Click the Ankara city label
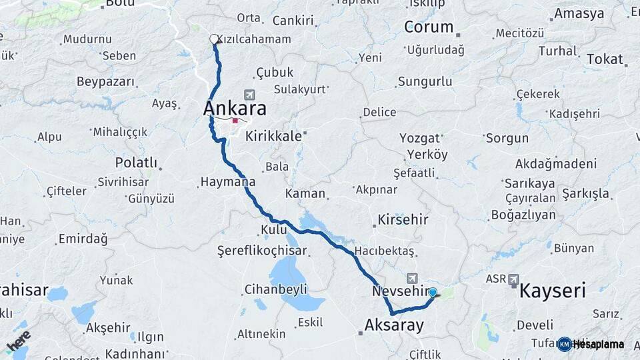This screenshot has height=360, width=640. point(235,108)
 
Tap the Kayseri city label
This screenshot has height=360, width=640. point(552,290)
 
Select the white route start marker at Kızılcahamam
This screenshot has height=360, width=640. point(215,39)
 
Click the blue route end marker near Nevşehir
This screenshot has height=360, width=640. point(433,292)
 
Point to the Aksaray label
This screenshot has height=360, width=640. point(394,325)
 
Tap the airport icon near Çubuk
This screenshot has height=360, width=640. point(250,95)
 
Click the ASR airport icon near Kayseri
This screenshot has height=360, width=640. point(513,279)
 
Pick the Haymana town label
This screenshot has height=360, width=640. point(227,181)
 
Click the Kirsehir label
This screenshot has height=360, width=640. point(403,219)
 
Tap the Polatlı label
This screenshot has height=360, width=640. point(136,163)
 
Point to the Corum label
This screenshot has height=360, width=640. point(429,28)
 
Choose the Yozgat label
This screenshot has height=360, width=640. point(420,138)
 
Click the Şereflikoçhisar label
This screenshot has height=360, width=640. point(262,251)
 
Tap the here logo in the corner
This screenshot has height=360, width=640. point(18,341)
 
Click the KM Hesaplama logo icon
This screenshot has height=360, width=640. point(564,344)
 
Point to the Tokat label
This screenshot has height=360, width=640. point(605,59)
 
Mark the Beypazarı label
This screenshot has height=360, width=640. point(105,81)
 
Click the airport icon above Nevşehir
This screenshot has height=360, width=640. point(412,278)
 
